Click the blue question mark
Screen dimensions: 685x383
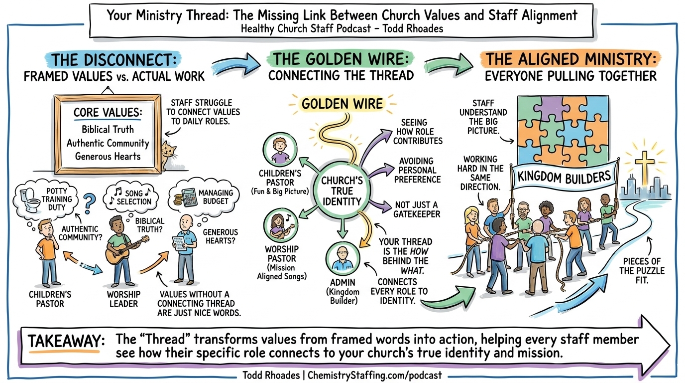(89, 203)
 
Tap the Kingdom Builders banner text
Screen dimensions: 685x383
(564, 177)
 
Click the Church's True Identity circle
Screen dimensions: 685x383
(342, 191)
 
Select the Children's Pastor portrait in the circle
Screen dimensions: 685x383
(280, 150)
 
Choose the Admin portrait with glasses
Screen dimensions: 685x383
(342, 258)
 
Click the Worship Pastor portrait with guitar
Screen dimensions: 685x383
(280, 226)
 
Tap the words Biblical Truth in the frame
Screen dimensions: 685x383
(108, 130)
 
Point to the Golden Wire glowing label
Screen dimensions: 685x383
(342, 104)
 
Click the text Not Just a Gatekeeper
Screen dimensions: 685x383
(417, 209)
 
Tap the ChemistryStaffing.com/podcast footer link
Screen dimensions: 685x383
(374, 375)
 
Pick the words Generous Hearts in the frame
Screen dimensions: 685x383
(108, 157)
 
